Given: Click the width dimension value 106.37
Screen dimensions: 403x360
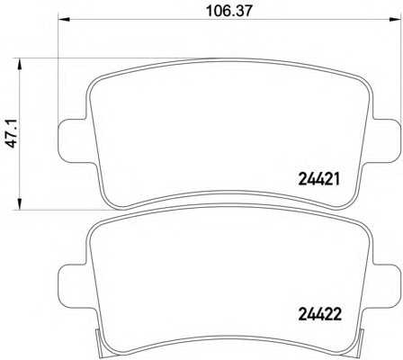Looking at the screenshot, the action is point(229,11).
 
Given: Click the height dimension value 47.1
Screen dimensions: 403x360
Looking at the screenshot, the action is point(13,134).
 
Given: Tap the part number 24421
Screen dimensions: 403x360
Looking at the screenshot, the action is point(319,180).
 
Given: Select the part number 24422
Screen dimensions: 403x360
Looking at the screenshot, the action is point(319,315).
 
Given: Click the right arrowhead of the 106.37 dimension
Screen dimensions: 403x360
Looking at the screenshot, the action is point(396,20).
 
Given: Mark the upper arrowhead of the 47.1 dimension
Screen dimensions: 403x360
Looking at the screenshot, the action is point(20,65).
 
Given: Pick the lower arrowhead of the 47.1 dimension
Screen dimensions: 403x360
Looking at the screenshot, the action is point(20,203).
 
